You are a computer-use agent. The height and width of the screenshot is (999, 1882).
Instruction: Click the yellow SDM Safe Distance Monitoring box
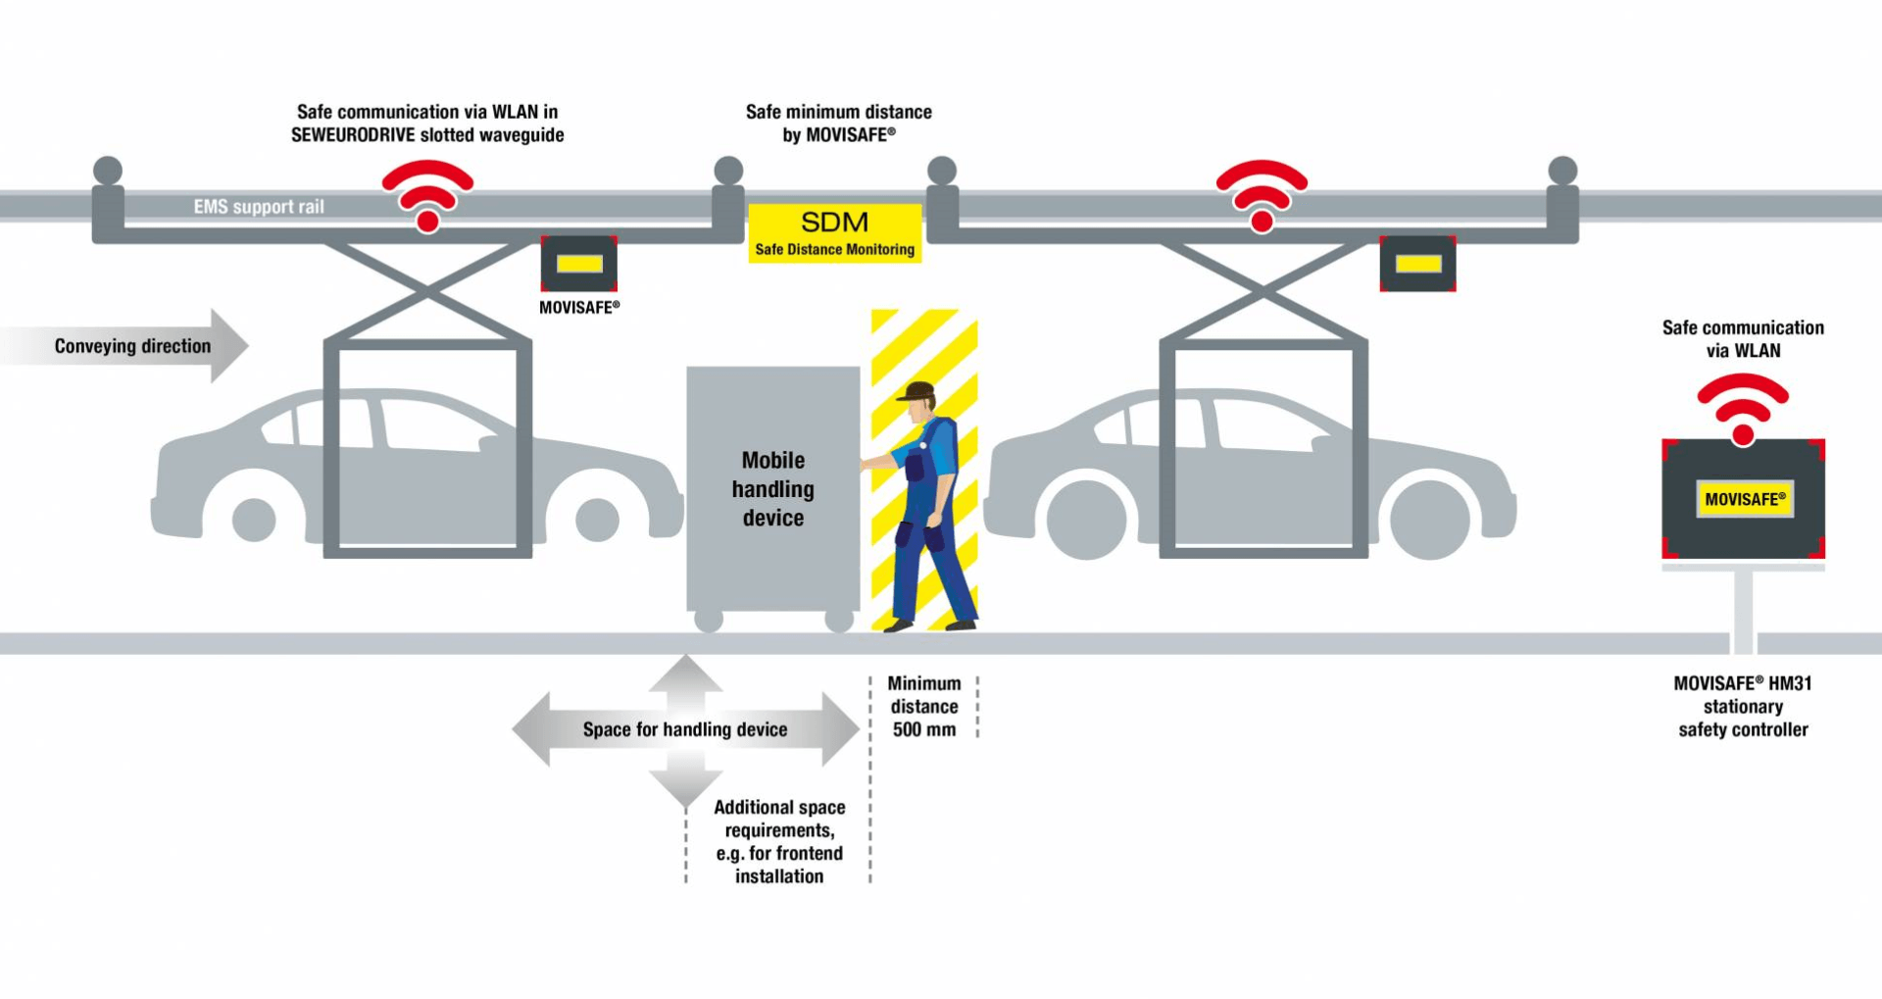pyautogui.click(x=834, y=233)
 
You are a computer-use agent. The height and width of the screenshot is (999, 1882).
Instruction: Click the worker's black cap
pyautogui.click(x=917, y=391)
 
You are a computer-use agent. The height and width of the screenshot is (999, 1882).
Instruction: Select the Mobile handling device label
pyautogui.click(x=772, y=489)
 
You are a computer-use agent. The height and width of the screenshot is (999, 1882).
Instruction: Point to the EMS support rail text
pyautogui.click(x=259, y=207)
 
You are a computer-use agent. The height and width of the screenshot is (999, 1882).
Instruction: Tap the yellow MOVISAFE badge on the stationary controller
pyautogui.click(x=1744, y=499)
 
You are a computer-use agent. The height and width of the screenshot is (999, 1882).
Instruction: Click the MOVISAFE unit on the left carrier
pyautogui.click(x=579, y=264)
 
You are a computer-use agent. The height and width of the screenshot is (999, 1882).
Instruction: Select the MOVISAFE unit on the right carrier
pyautogui.click(x=1417, y=264)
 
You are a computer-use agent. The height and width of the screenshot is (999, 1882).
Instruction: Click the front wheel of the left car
pyautogui.click(x=597, y=519)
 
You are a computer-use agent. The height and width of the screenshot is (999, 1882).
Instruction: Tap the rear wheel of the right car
pyautogui.click(x=1086, y=519)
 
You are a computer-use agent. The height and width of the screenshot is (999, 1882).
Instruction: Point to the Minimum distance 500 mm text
pyautogui.click(x=923, y=706)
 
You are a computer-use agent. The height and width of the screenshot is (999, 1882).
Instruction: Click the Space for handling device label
pyautogui.click(x=685, y=729)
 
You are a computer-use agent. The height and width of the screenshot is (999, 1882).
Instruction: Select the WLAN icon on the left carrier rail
pyautogui.click(x=427, y=195)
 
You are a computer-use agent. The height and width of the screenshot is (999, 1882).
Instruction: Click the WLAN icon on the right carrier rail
pyautogui.click(x=1262, y=195)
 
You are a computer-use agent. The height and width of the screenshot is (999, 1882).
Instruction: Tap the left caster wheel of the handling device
pyautogui.click(x=708, y=620)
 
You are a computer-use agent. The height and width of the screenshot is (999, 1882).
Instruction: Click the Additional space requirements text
pyautogui.click(x=779, y=841)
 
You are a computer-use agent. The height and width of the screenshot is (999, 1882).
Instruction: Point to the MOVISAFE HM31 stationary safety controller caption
pyautogui.click(x=1743, y=706)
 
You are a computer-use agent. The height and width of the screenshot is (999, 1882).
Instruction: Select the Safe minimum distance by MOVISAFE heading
pyautogui.click(x=838, y=124)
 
